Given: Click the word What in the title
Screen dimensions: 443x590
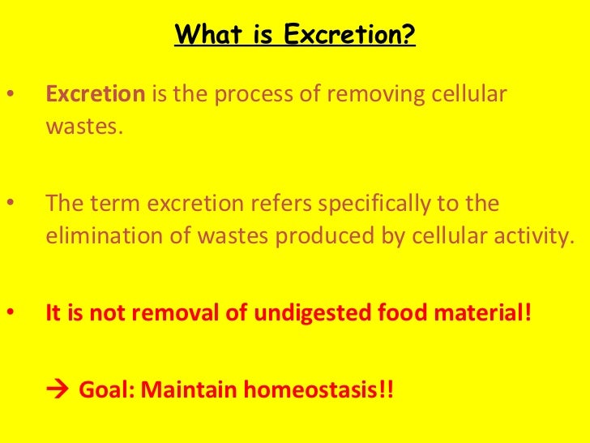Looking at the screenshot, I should coord(203,35).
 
